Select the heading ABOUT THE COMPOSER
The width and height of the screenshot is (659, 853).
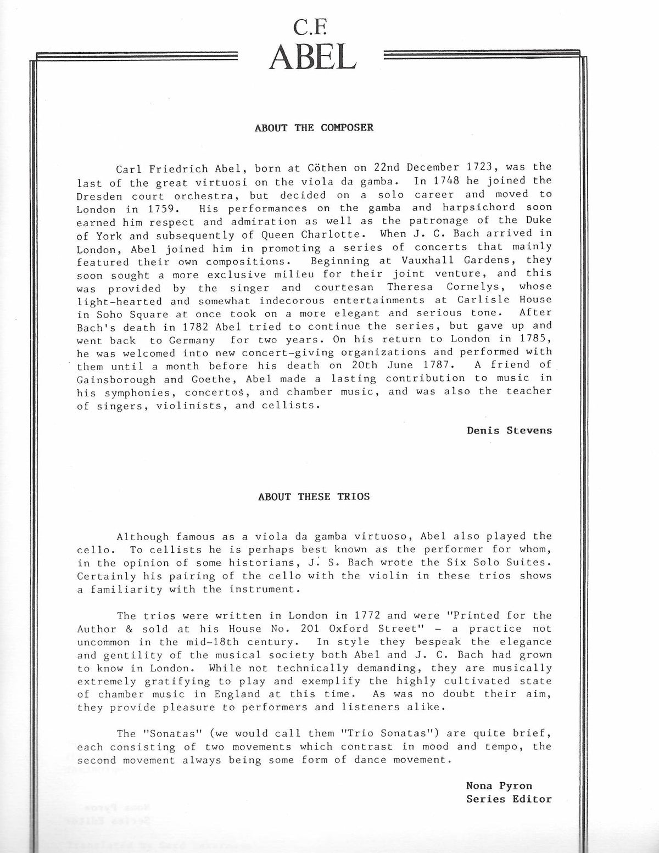314,127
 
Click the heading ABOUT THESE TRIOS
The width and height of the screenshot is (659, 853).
314,496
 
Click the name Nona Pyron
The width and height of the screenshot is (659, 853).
499,785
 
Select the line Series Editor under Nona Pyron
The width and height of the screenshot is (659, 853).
509,799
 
